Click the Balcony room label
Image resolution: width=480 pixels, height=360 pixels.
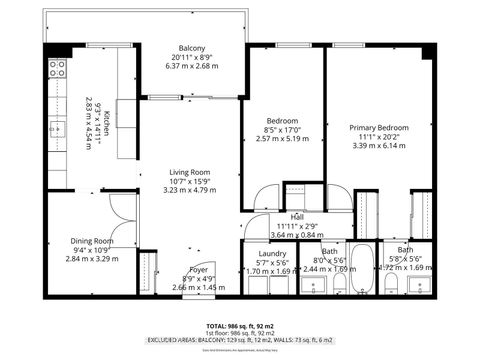(x=192, y=48)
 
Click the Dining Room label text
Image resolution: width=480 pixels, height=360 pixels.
(x=91, y=241)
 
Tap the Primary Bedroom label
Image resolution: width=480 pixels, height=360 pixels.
(x=379, y=127)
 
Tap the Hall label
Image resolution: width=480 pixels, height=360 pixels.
(x=297, y=217)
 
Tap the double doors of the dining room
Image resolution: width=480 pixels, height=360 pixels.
(x=118, y=208)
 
